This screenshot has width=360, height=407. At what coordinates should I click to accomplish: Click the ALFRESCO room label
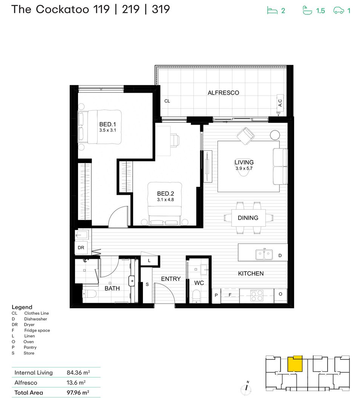click(223, 93)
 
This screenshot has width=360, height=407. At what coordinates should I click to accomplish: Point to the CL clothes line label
click(167, 101)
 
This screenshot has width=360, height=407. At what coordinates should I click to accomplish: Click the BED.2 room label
click(165, 194)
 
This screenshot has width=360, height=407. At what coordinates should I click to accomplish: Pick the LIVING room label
click(244, 162)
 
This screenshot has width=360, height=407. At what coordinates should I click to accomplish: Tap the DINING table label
click(248, 218)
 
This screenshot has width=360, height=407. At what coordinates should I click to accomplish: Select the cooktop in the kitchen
click(257, 295)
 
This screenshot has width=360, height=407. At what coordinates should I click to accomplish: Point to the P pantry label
click(216, 295)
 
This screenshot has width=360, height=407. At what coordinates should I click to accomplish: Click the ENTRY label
click(171, 279)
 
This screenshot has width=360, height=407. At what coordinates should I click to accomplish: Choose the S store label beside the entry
click(147, 285)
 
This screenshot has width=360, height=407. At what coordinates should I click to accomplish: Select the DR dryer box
click(81, 248)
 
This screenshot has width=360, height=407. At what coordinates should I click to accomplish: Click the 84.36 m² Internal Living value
click(78, 373)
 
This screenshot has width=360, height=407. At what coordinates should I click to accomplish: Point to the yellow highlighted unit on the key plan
click(295, 364)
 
